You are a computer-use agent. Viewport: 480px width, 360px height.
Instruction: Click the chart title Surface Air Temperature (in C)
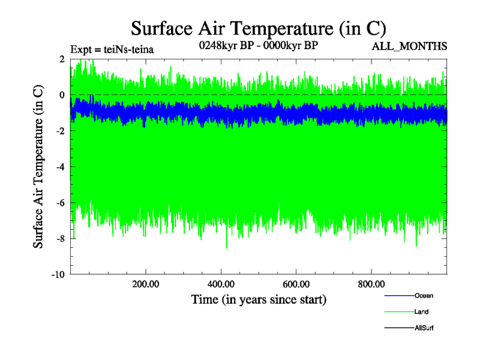pos(258,28)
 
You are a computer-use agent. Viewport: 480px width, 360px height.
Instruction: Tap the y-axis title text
pos(38,167)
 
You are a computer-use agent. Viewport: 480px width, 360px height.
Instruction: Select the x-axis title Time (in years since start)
pos(259,299)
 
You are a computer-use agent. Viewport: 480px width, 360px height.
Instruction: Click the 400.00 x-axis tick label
pos(221,284)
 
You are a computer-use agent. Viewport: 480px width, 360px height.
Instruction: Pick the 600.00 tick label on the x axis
pos(296,284)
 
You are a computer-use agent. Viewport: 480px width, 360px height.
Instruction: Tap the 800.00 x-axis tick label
pos(371,284)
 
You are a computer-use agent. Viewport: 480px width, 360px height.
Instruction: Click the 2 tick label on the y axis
pos(62,59)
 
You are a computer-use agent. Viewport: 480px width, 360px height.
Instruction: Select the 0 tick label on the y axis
pos(62,95)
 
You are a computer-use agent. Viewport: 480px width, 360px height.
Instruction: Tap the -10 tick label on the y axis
pos(58,275)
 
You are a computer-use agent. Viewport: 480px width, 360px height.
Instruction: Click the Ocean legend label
pos(423,296)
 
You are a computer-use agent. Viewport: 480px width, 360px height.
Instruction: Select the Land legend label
pos(421,312)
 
